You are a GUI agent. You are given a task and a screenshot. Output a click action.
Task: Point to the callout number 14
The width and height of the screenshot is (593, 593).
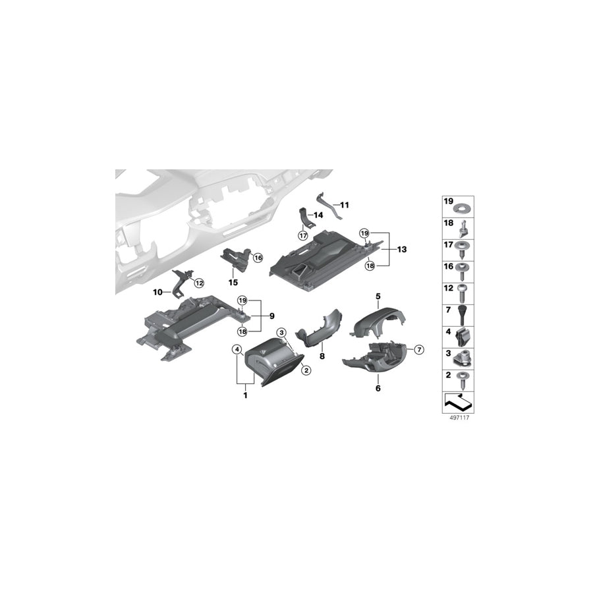click(x=318, y=215)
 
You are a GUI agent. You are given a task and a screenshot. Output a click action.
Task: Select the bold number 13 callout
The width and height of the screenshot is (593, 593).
click(x=401, y=250)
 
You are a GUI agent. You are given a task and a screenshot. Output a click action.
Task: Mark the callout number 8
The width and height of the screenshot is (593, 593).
click(x=322, y=356)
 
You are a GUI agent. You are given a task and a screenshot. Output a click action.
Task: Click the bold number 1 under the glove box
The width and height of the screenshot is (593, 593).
click(x=244, y=395)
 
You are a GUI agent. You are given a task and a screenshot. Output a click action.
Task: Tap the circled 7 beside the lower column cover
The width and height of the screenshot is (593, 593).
click(x=419, y=348)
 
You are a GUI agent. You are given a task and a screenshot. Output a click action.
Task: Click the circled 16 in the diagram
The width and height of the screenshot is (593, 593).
click(x=258, y=258)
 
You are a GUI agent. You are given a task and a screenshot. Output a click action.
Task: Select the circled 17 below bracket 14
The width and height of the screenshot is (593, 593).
click(x=303, y=235)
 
